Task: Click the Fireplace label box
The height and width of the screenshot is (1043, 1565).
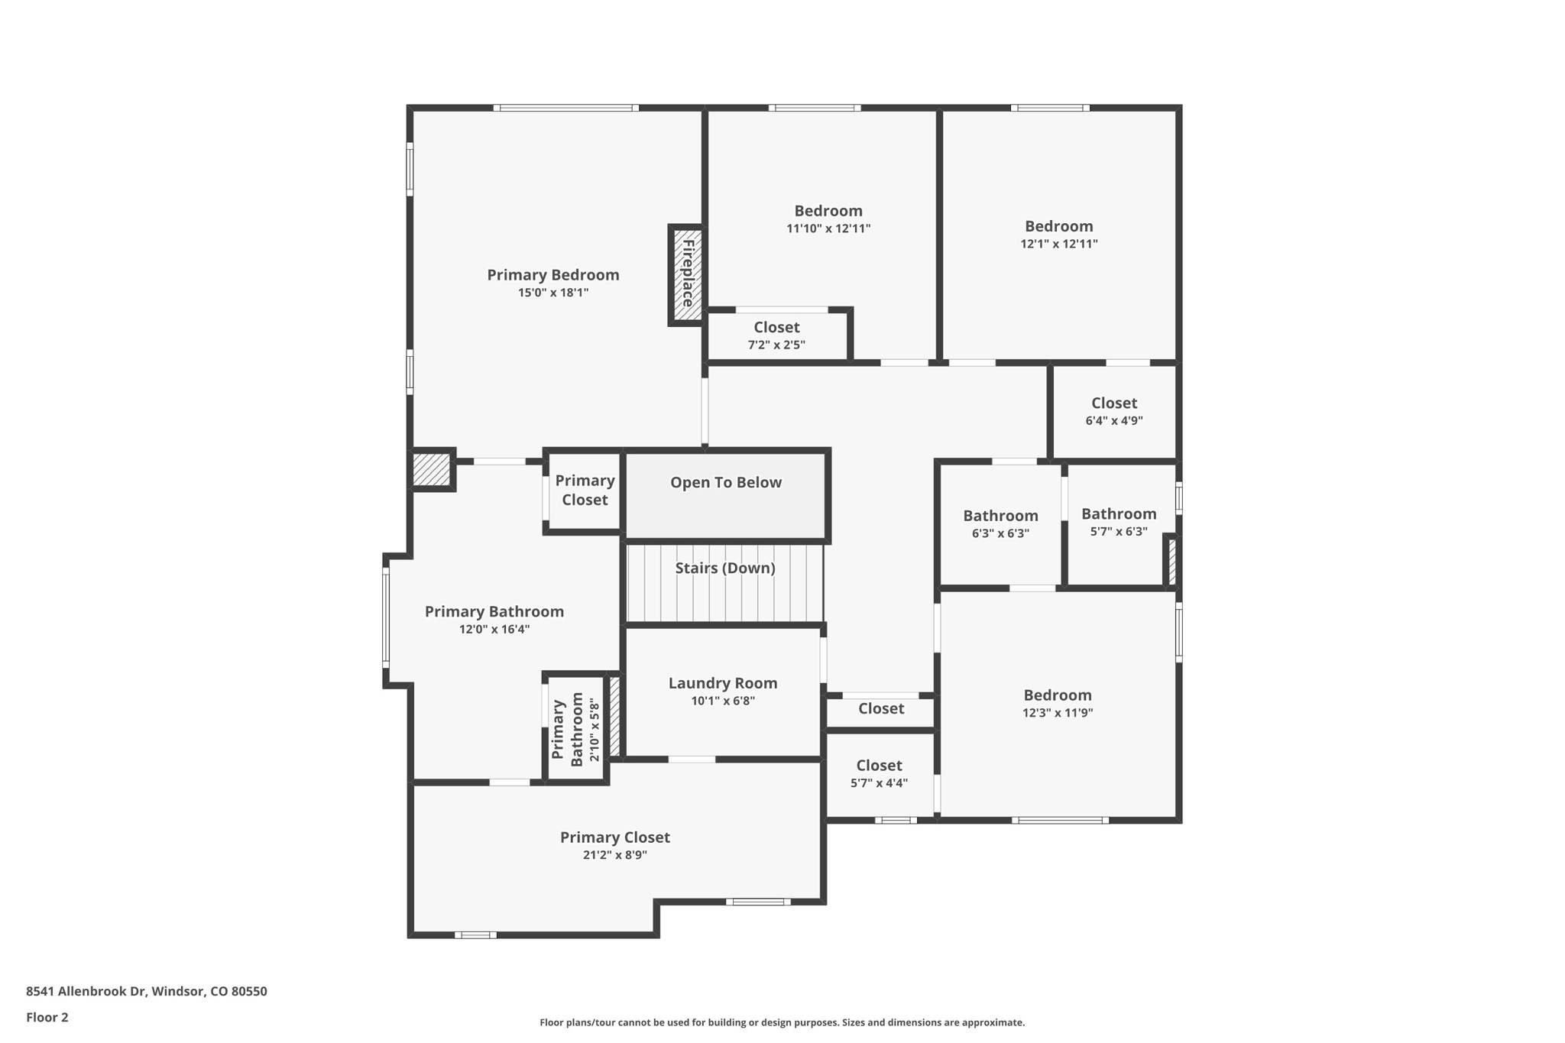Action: click(x=687, y=274)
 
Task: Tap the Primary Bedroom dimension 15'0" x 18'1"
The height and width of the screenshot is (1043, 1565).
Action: click(x=552, y=293)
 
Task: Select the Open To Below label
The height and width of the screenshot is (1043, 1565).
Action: click(x=725, y=482)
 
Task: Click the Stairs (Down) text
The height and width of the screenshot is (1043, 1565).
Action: click(x=724, y=568)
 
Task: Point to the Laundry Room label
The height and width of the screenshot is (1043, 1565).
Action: click(x=722, y=683)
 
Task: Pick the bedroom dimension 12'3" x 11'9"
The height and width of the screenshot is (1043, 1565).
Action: click(x=1057, y=713)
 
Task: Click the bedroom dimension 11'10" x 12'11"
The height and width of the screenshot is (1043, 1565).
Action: click(x=828, y=228)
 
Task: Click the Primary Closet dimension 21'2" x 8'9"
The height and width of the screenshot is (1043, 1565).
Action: click(x=614, y=855)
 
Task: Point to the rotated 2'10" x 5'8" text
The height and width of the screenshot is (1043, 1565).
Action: click(x=595, y=729)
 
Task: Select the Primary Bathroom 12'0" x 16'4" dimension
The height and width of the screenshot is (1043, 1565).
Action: click(x=494, y=630)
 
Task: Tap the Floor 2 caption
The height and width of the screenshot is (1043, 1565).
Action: click(x=47, y=1017)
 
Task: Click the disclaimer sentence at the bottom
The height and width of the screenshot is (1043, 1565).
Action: click(x=782, y=1022)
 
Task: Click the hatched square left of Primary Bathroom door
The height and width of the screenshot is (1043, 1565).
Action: click(x=431, y=469)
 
